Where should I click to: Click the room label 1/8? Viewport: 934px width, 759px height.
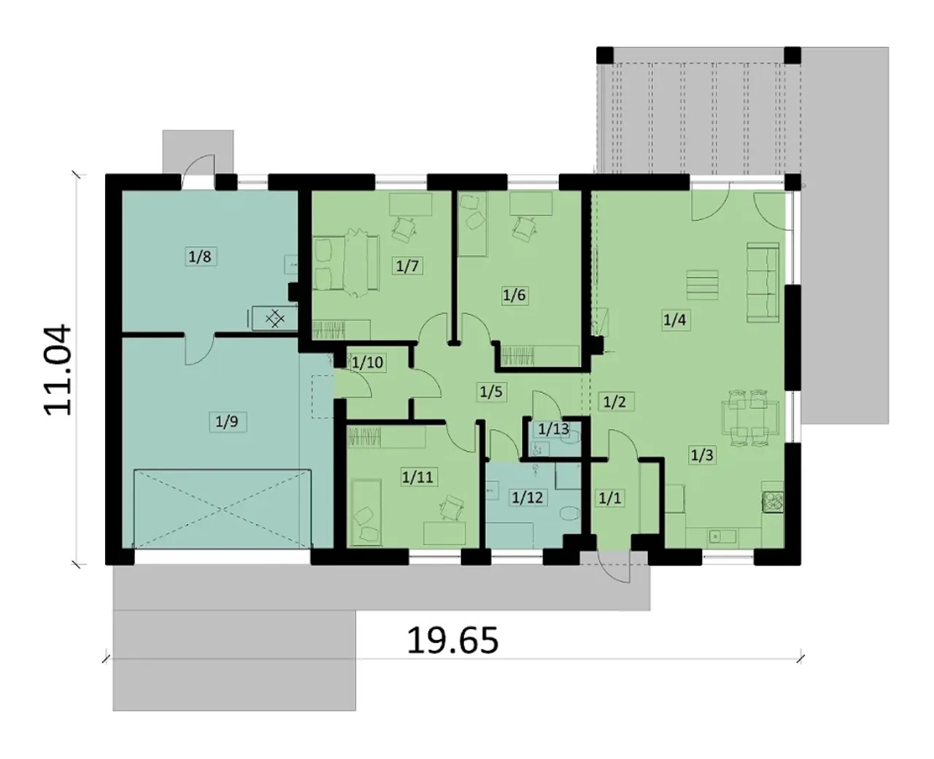200,256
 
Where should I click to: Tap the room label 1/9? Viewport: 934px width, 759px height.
227,422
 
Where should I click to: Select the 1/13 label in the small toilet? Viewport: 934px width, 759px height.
553,429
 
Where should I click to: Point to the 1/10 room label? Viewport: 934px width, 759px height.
368,363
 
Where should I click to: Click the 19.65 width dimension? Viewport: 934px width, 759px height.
453,641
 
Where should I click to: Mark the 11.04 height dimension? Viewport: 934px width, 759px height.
57,369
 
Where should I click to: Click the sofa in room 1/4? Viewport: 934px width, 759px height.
763,282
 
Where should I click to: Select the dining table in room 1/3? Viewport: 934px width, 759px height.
750,418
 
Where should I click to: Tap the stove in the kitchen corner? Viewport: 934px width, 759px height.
773,502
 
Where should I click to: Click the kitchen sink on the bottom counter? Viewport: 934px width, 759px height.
722,536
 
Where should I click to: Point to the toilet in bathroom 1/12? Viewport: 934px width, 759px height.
570,512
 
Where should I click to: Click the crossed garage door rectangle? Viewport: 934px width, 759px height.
223,509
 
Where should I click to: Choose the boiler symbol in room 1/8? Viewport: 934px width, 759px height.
275,318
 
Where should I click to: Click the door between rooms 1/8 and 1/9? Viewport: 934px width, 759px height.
199,350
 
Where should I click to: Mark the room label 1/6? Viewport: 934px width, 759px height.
514,295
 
